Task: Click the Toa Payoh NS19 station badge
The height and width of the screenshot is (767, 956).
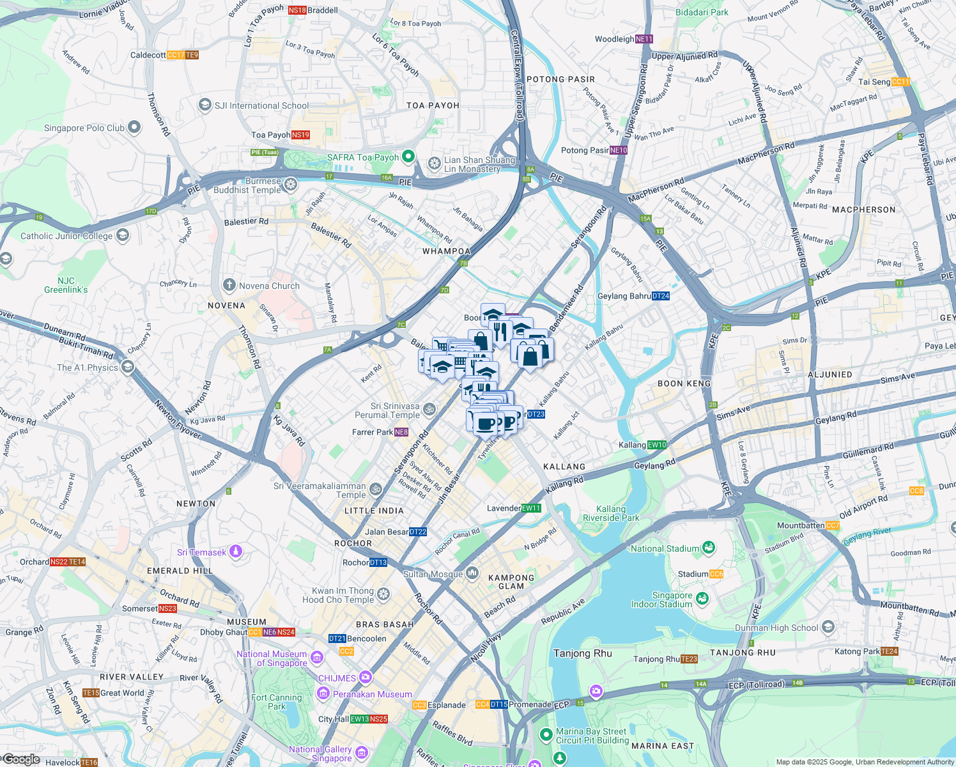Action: [x=300, y=135]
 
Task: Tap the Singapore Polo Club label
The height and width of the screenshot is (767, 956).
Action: [x=84, y=128]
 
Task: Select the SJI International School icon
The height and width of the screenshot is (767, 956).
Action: [x=205, y=105]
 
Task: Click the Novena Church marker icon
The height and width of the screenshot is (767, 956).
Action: [x=229, y=285]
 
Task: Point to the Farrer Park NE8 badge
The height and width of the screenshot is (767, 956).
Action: [x=401, y=432]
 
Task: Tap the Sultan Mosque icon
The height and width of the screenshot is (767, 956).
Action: [x=472, y=573]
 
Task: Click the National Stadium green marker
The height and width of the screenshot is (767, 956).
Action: [x=708, y=548]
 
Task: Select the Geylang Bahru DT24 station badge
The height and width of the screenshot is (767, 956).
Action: [x=661, y=296]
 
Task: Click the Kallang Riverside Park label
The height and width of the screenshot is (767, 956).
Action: [x=611, y=513]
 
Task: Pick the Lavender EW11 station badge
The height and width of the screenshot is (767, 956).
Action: [x=531, y=508]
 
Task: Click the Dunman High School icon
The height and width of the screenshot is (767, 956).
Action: [x=828, y=626]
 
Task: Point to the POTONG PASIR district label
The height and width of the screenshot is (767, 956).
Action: [x=560, y=79]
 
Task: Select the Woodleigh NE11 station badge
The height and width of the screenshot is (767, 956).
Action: [x=644, y=39]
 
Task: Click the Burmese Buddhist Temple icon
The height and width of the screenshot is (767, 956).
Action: [x=291, y=185]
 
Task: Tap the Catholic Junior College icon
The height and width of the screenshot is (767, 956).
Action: [x=122, y=236]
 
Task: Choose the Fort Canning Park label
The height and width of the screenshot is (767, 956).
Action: [x=277, y=702]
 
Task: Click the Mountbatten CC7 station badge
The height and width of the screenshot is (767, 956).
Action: [x=833, y=525]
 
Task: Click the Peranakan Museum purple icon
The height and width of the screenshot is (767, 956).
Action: [x=323, y=693]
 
